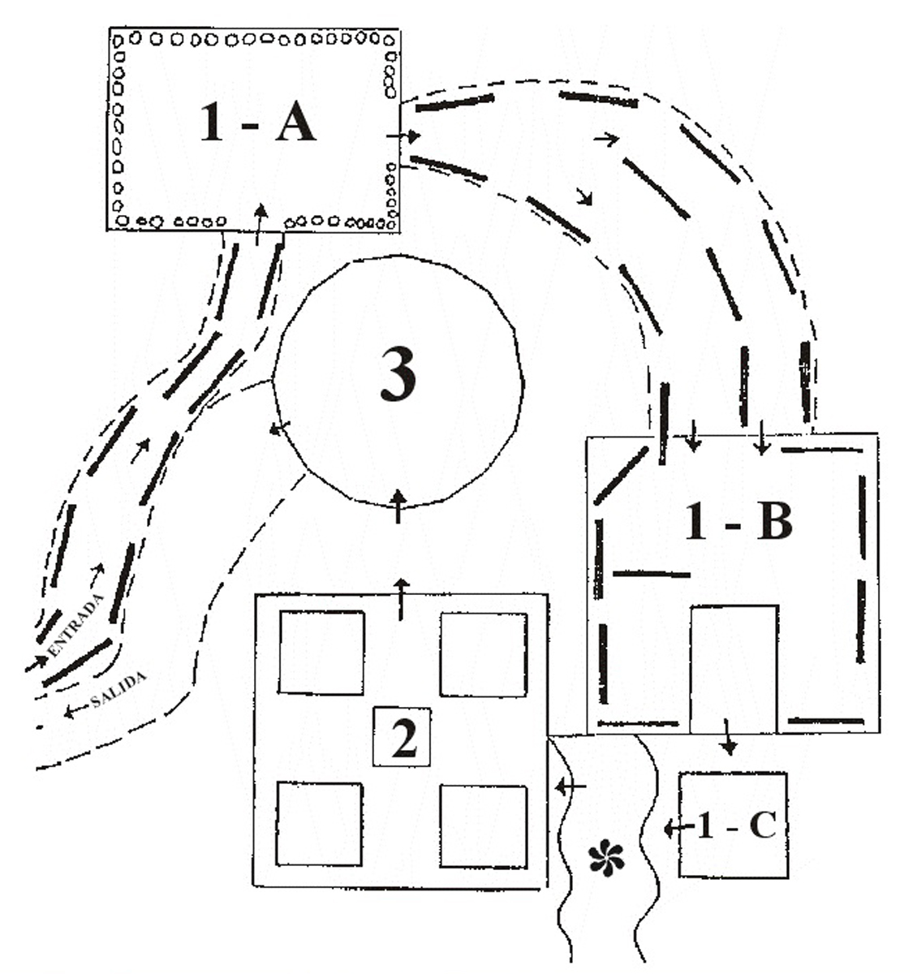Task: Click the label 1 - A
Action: (x=257, y=123)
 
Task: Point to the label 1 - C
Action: (x=737, y=825)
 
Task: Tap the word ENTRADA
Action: (x=76, y=625)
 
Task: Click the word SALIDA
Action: (x=118, y=689)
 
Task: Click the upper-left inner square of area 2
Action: (x=321, y=653)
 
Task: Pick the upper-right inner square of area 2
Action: (x=484, y=654)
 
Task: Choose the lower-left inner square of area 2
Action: (x=319, y=824)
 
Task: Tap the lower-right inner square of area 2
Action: (x=484, y=826)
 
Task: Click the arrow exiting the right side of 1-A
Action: (x=404, y=136)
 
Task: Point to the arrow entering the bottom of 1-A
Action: (x=261, y=224)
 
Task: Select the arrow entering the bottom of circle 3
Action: (x=398, y=506)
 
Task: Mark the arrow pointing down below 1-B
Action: (x=729, y=737)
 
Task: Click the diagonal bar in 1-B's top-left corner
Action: (x=621, y=475)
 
